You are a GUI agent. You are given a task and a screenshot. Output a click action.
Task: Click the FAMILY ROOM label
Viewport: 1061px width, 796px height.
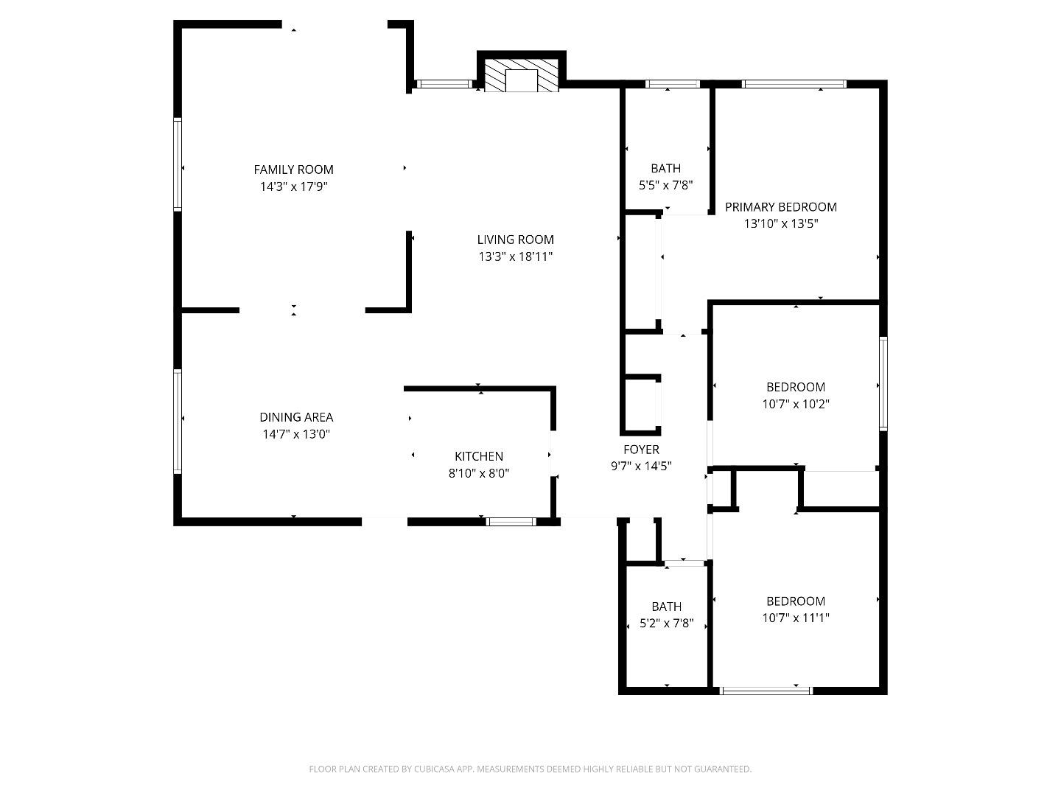(x=293, y=170)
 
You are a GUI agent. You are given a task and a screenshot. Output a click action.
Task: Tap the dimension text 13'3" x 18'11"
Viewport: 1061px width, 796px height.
(x=515, y=256)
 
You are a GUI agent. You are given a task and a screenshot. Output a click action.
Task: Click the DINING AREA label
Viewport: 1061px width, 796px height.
(x=296, y=417)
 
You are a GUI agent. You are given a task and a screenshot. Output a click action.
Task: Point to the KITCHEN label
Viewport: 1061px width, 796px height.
(x=479, y=456)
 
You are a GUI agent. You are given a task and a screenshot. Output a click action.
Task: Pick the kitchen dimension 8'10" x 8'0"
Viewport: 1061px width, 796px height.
(x=479, y=473)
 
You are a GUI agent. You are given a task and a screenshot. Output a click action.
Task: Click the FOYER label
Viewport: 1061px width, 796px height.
(x=641, y=449)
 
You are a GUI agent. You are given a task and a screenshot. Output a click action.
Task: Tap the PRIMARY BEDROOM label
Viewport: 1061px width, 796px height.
(x=780, y=207)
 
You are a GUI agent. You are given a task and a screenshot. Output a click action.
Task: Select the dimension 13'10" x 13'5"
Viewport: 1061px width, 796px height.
(x=780, y=224)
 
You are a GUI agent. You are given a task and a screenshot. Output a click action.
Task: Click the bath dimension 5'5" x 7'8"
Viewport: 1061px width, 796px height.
(x=665, y=186)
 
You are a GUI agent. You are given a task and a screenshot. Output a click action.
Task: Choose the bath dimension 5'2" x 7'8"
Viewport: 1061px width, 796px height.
(x=665, y=624)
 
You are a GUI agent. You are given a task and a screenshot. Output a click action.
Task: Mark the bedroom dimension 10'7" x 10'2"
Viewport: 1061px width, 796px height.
(x=796, y=404)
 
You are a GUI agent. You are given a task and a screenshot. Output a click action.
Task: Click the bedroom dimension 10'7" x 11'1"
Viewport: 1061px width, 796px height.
(x=796, y=618)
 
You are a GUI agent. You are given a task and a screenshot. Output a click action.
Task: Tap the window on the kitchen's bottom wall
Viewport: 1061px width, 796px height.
(x=511, y=522)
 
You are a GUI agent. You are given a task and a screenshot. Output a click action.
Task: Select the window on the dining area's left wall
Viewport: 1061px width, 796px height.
(x=178, y=421)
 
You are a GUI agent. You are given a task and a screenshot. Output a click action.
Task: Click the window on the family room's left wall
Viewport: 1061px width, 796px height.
(x=178, y=164)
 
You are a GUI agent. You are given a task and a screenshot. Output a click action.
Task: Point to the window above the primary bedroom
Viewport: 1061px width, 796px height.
(x=794, y=84)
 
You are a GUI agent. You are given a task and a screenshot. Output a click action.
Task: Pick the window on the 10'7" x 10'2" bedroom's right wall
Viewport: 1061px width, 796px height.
(x=883, y=383)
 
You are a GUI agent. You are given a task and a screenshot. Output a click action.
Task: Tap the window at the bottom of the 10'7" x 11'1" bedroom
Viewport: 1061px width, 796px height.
(x=766, y=691)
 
